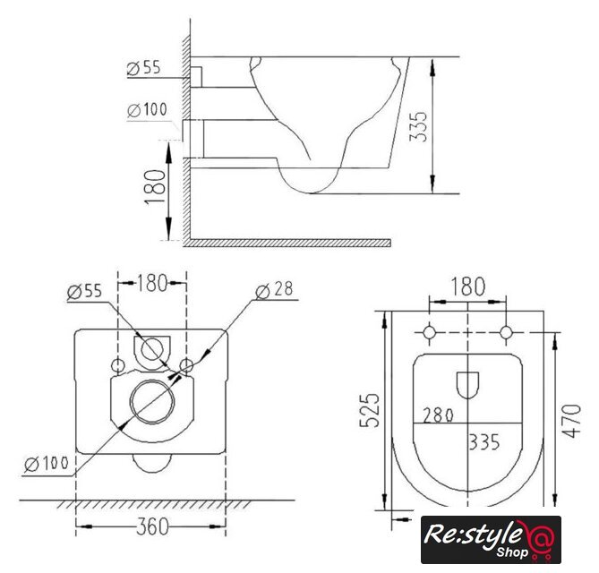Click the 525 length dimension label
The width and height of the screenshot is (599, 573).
click(370, 410)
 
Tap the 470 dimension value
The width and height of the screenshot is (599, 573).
click(572, 421)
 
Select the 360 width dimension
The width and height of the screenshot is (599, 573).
click(152, 526)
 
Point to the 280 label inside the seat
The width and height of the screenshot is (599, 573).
click(438, 415)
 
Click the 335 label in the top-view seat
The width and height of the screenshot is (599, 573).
click(484, 442)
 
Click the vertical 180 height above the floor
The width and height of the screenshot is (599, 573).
click(155, 187)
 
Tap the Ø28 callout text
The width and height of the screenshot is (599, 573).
click(274, 289)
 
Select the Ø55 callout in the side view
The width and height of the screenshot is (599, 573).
click(143, 68)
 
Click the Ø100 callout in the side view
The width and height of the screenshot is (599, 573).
click(147, 110)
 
